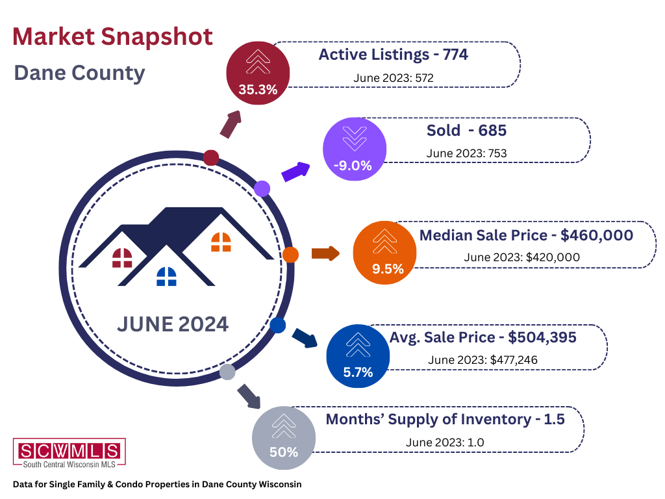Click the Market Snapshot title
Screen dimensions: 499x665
tap(113, 36)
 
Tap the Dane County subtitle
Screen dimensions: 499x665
tap(79, 72)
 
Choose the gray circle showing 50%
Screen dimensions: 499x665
tap(283, 437)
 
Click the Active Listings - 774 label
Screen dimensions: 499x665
tap(393, 55)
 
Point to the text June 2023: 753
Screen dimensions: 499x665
tap(466, 153)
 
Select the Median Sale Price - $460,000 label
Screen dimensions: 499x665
tap(526, 235)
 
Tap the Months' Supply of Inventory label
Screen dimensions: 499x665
tap(445, 419)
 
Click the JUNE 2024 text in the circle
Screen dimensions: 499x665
tap(173, 324)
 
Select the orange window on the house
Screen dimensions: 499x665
tap(221, 242)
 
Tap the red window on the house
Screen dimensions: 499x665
tap(122, 258)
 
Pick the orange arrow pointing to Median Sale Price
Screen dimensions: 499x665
tap(325, 253)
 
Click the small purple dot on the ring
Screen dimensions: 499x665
tap(262, 188)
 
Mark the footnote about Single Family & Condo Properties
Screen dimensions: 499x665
tap(157, 484)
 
